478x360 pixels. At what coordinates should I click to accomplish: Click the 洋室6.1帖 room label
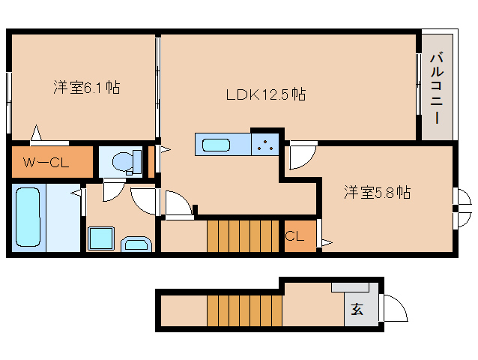pyautogui.click(x=86, y=87)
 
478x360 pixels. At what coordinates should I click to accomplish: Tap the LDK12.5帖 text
pyautogui.click(x=266, y=94)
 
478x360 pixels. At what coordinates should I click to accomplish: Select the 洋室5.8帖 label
pyautogui.click(x=376, y=192)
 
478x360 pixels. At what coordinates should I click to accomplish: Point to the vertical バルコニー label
pyautogui.click(x=437, y=87)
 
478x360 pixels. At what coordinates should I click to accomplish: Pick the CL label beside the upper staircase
pyautogui.click(x=294, y=236)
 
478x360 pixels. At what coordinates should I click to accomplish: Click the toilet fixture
pyautogui.click(x=124, y=160)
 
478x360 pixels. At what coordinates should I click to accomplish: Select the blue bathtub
pyautogui.click(x=28, y=216)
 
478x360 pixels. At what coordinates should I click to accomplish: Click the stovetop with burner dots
pyautogui.click(x=264, y=145)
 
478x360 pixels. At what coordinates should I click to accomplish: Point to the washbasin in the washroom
pyautogui.click(x=136, y=243)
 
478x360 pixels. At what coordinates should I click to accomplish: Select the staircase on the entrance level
pyautogui.click(x=243, y=310)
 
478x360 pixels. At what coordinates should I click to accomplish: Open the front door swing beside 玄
pyautogui.click(x=394, y=307)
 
